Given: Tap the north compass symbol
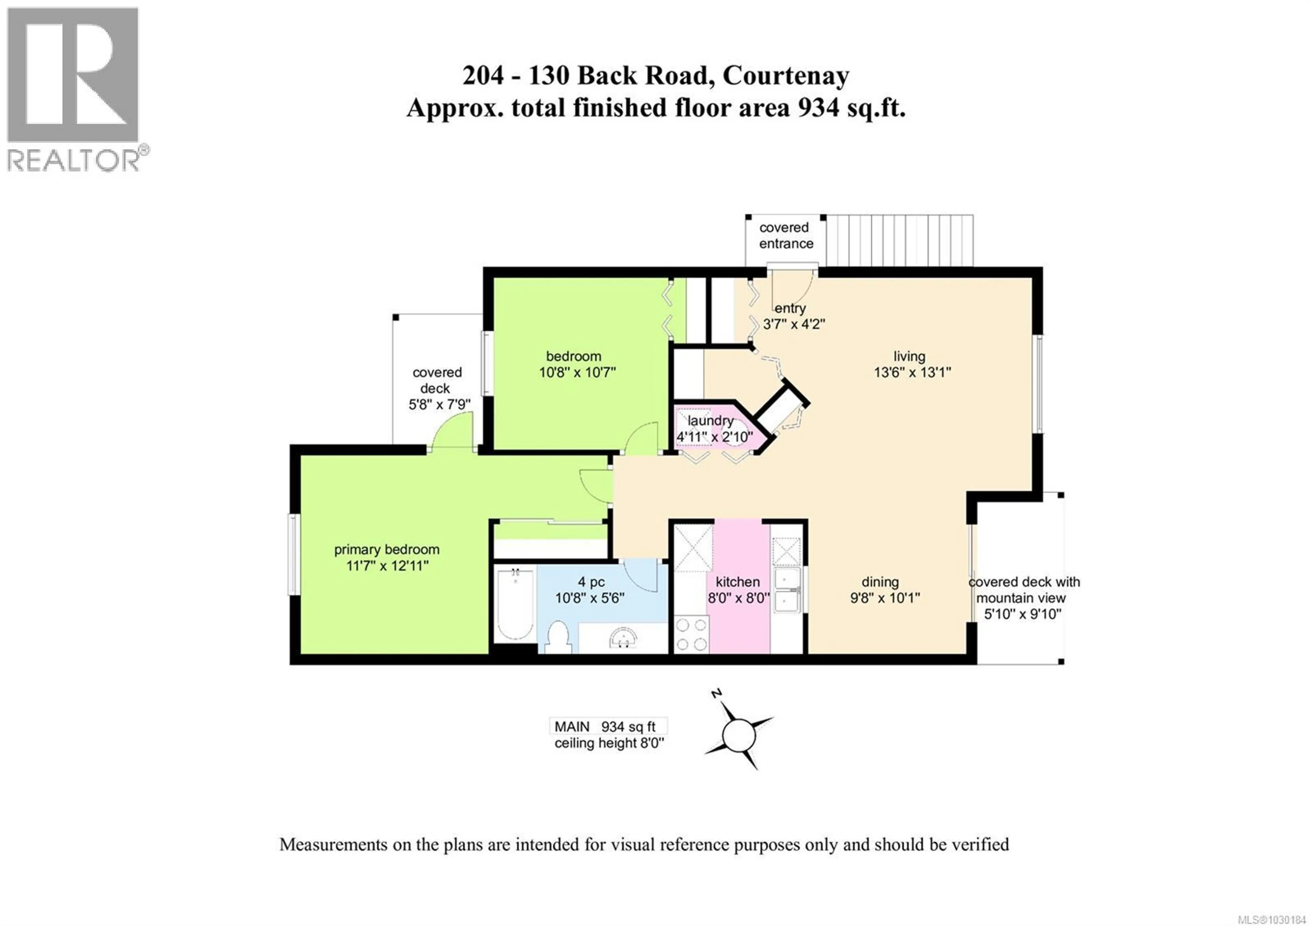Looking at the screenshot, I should coord(738,734).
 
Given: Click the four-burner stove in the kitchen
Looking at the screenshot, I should coord(691,634).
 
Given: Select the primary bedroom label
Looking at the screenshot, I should coord(386,549).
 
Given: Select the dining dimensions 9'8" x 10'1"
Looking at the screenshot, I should coord(885,598).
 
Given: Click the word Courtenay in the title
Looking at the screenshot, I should coord(786,76).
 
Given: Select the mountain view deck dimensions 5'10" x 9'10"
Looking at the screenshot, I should coord(1022,614).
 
